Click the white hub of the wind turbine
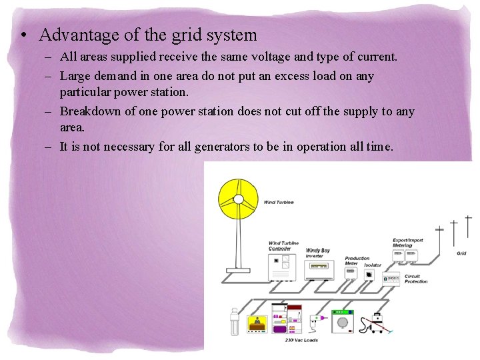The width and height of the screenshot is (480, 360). point(237,199)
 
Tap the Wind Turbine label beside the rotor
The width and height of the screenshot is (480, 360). point(279,201)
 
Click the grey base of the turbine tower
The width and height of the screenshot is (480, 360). point(238,270)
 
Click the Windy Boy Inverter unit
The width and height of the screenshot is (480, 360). point(319,269)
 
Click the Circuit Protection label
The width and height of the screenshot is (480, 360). point(416,279)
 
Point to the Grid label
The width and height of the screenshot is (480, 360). point(461,253)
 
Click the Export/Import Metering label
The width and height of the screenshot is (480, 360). point(407,242)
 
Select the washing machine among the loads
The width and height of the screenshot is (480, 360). point(343,321)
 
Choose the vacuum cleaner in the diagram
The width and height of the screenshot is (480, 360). point(377,323)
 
